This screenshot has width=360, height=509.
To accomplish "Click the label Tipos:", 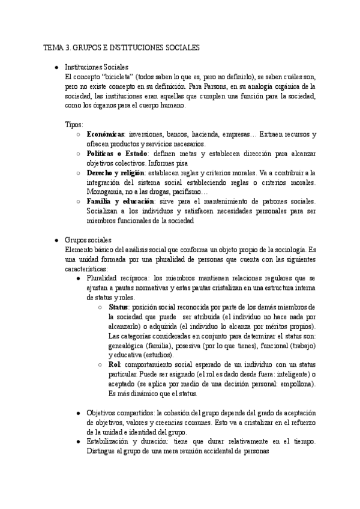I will (74, 124).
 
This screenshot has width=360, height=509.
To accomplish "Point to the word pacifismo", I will (191, 191).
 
